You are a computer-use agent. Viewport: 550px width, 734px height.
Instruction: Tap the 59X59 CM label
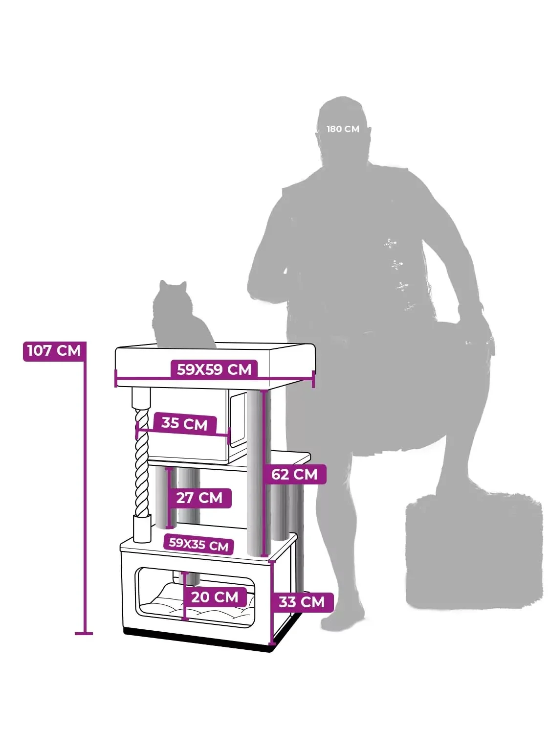214,369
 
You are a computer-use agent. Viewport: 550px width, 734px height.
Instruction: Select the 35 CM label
185,423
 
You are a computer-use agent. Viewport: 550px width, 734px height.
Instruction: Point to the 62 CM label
294,474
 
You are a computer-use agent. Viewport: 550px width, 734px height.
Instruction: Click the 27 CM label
199,498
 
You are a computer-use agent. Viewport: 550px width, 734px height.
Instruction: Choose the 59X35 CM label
198,545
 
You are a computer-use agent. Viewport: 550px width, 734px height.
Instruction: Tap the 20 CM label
215,596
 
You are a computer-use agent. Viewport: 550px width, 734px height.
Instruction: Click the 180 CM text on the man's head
343,129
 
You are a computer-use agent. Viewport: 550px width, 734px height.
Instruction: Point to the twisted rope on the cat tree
142,463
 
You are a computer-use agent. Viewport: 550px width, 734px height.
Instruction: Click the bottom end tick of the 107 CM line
84,633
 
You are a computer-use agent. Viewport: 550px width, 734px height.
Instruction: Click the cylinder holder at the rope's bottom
142,528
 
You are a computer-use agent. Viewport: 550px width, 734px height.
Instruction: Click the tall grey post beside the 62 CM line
254,472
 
